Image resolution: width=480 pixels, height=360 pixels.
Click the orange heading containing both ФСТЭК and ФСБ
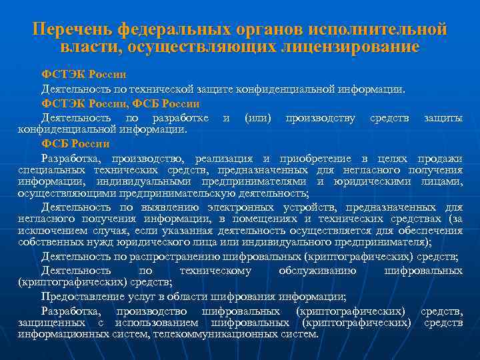click(x=120, y=103)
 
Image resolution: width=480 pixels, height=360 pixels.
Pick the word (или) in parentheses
click(x=258, y=118)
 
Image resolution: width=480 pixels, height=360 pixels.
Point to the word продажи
click(x=439, y=158)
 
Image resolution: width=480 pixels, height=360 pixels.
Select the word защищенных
click(x=49, y=323)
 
